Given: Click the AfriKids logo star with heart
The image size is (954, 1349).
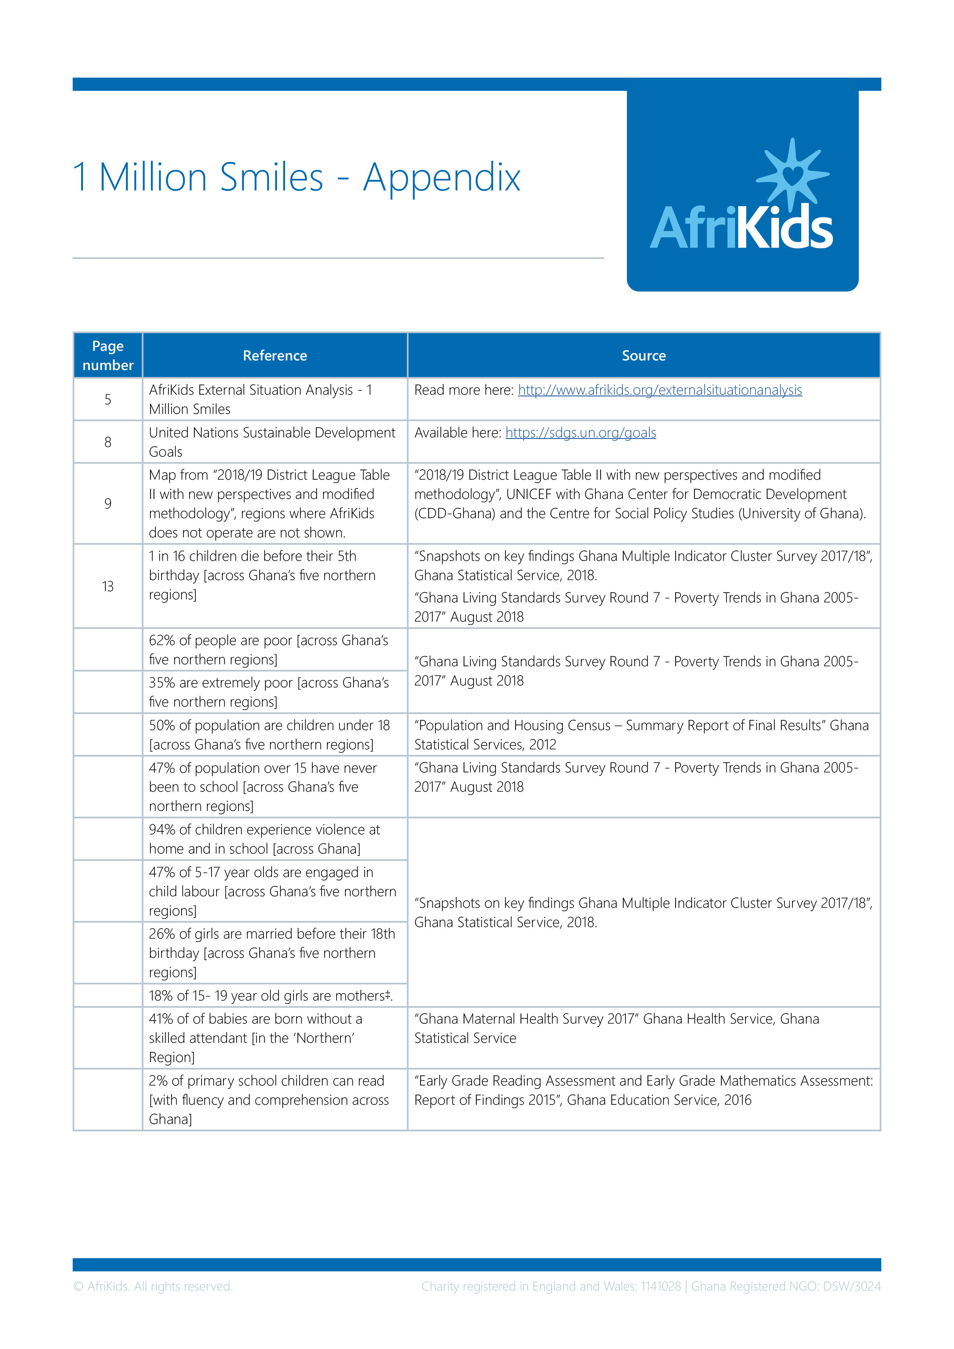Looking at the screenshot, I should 792,175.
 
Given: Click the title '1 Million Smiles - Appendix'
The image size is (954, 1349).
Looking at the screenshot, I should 297,177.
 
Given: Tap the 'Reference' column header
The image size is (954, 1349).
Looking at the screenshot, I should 275,355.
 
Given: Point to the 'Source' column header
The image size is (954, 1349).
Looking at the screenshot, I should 644,355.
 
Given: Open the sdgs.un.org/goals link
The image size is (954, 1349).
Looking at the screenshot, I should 580,433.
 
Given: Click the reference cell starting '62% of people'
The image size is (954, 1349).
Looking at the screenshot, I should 269,650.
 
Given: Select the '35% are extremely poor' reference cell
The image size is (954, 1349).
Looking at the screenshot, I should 269,692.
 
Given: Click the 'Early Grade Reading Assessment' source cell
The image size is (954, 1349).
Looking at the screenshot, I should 643,1091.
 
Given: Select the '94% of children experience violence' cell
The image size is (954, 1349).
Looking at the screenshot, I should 264,839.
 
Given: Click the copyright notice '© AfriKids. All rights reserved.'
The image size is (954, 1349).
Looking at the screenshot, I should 153,1286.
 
